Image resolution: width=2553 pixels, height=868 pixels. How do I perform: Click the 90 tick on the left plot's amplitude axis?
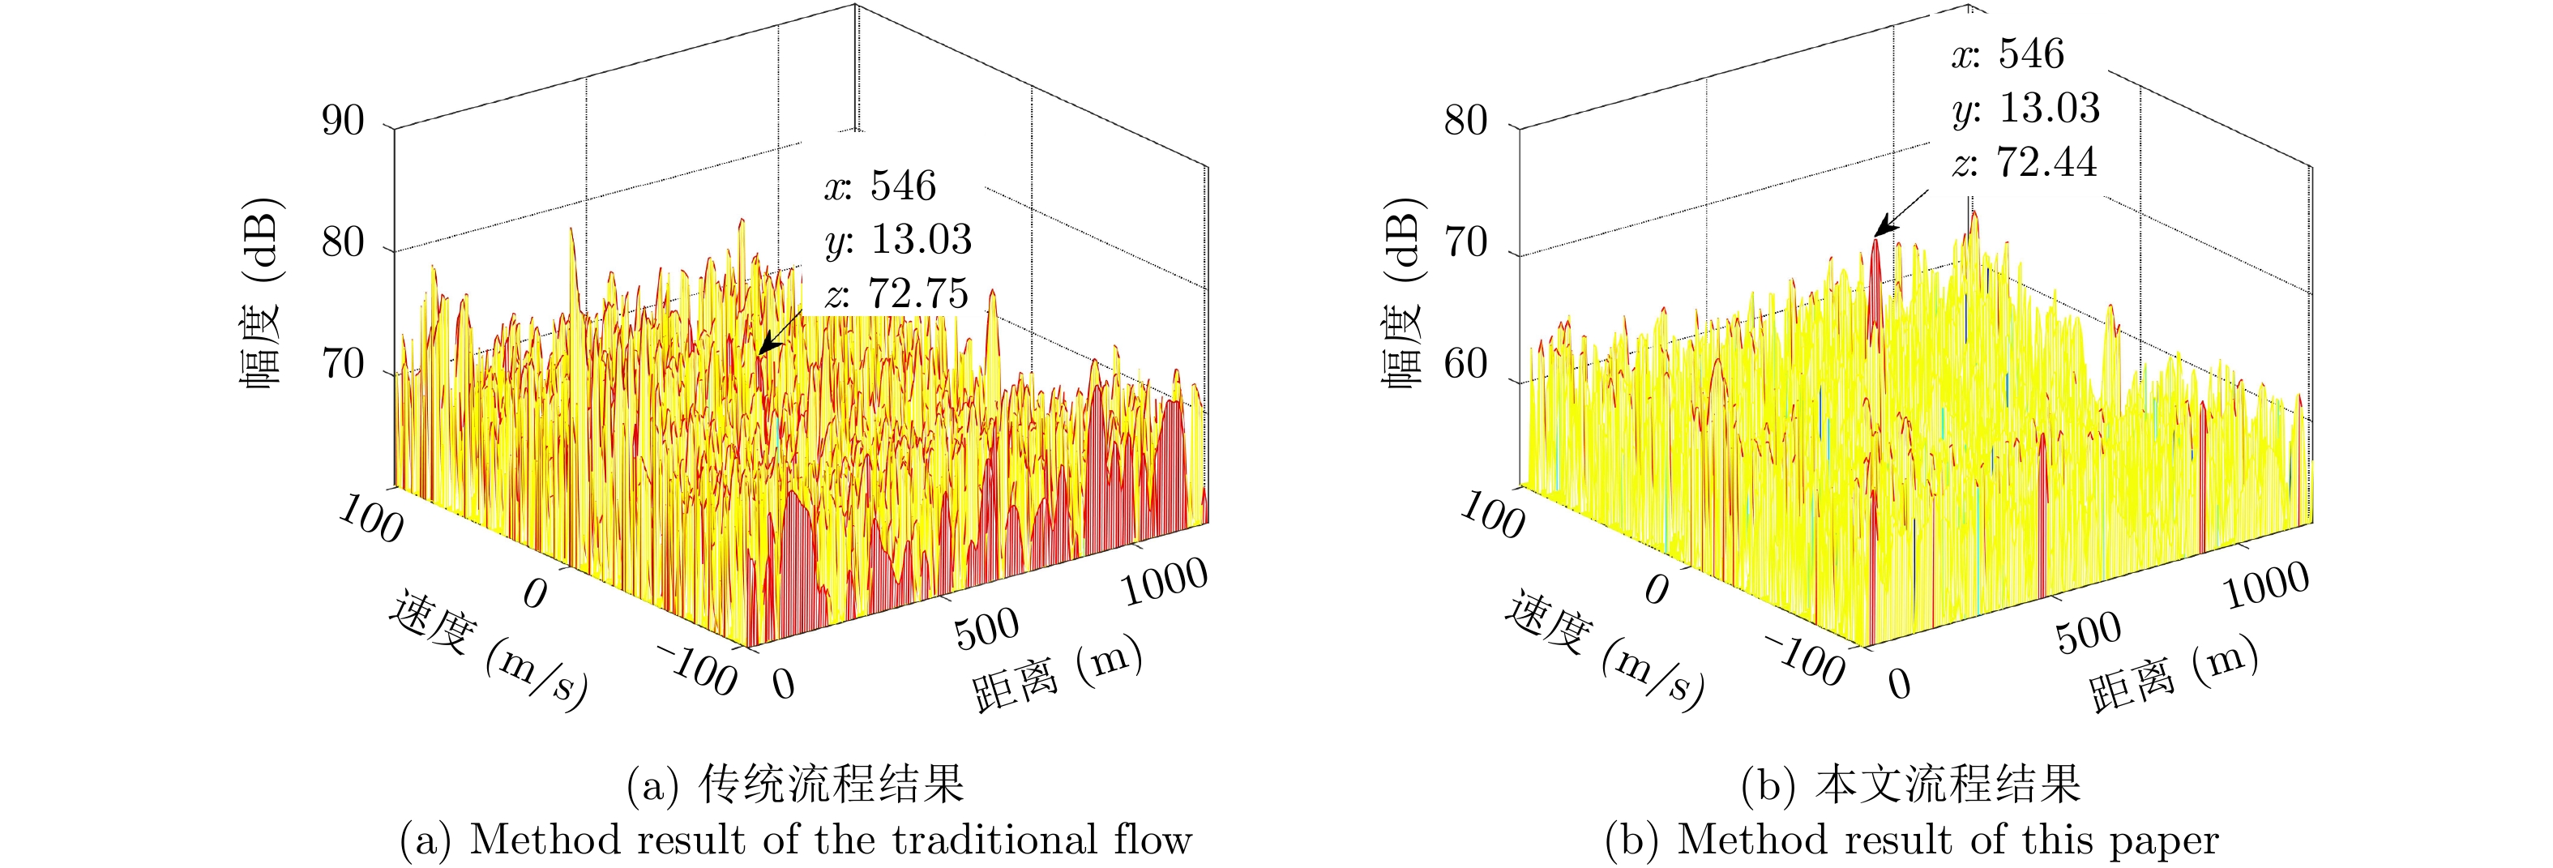[343, 121]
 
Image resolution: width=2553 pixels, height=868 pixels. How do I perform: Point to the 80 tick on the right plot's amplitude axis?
[1465, 121]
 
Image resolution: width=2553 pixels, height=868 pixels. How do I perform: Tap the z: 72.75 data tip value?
[897, 293]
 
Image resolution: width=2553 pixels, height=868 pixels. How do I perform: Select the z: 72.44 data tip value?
[2025, 163]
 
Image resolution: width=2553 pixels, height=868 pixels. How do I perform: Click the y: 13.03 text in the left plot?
[898, 240]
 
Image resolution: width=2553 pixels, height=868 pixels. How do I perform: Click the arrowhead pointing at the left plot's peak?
[764, 348]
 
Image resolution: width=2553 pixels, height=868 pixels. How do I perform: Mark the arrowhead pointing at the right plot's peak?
[1881, 231]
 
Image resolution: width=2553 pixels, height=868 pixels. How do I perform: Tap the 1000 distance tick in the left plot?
[1164, 582]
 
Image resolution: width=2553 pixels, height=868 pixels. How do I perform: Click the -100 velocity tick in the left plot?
[698, 669]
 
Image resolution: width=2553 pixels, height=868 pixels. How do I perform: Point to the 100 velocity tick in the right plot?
[1491, 516]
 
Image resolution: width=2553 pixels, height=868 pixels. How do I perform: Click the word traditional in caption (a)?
[993, 840]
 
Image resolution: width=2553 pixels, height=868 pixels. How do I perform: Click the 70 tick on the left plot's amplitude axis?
[343, 365]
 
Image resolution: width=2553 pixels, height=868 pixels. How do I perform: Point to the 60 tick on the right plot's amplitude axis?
[1465, 365]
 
